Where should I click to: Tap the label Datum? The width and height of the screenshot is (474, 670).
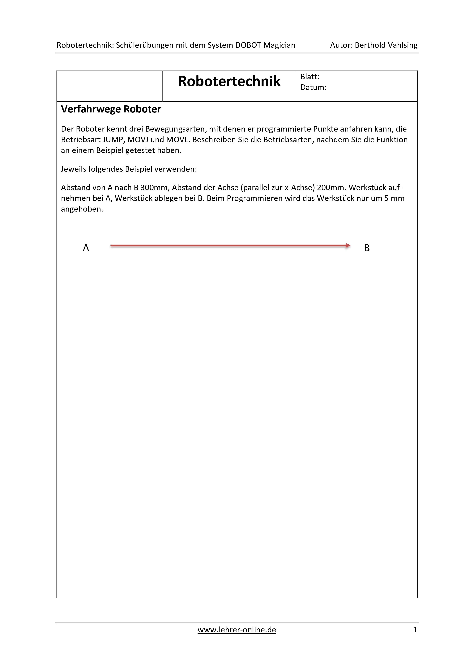coord(313,87)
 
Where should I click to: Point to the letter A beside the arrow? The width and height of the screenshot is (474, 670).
coord(86,248)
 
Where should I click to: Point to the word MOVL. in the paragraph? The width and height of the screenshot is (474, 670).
coord(178,140)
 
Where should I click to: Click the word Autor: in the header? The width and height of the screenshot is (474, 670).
coord(341,45)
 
